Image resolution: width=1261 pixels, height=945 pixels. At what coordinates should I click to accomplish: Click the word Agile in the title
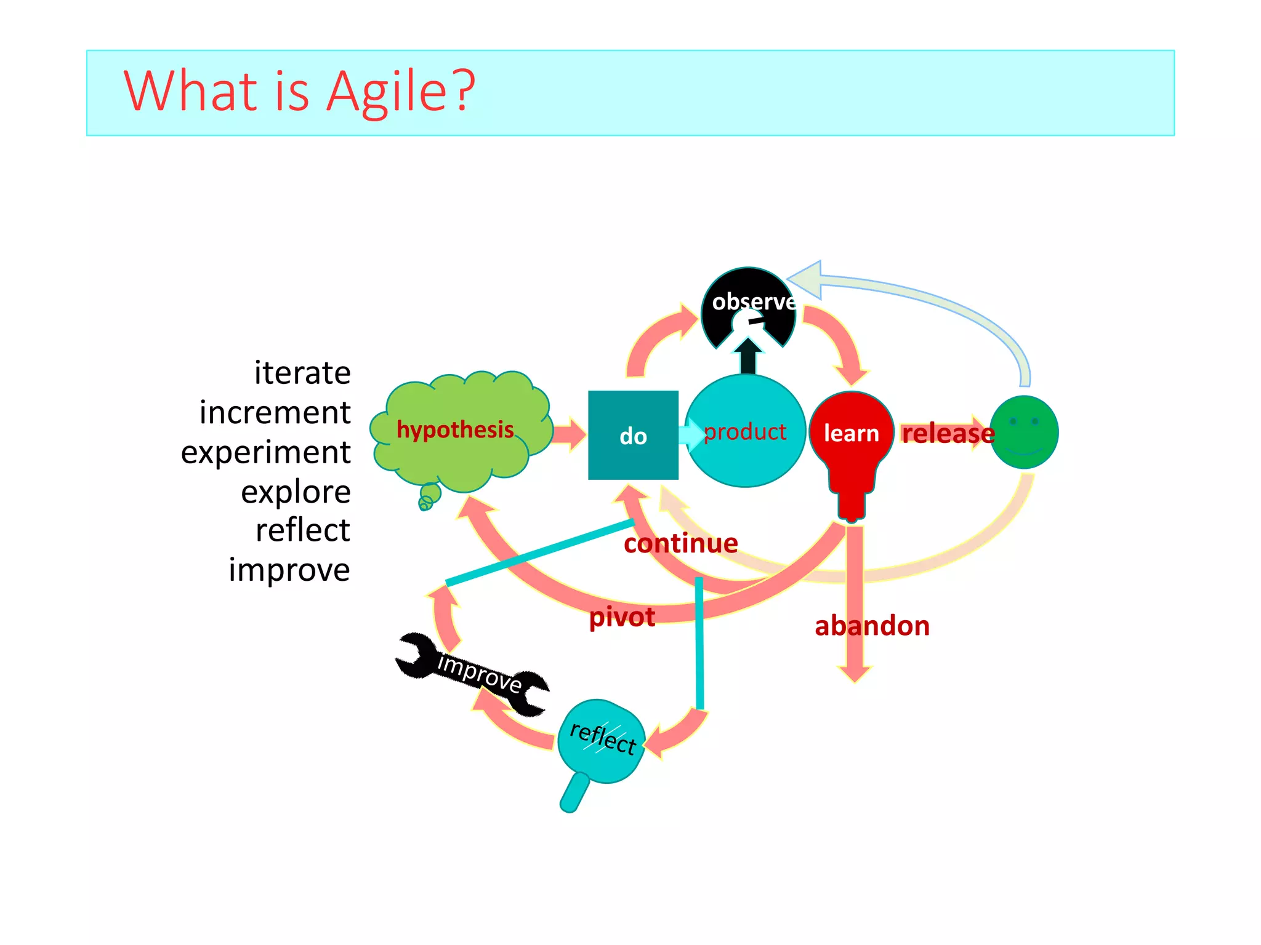[x=400, y=92]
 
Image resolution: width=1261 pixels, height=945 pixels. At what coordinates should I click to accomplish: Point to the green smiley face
[x=1024, y=433]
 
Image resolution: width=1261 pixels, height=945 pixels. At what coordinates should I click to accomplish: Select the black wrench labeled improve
[x=473, y=674]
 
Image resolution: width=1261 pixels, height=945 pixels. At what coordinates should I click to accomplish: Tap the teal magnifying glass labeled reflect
[x=601, y=741]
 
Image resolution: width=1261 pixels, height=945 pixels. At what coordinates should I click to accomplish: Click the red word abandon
[x=872, y=626]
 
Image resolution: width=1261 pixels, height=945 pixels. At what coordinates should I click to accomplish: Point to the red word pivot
[x=622, y=617]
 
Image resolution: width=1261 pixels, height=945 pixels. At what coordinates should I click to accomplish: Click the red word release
[x=948, y=434]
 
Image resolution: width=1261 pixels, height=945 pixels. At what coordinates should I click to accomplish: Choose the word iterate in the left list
[x=302, y=373]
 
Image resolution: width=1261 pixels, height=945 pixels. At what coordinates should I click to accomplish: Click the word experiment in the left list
[x=265, y=453]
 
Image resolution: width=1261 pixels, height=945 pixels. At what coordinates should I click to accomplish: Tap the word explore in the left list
[x=296, y=492]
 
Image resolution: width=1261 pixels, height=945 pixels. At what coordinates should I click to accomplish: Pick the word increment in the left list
[x=275, y=413]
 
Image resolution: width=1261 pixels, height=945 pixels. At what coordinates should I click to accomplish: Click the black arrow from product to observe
[x=748, y=357]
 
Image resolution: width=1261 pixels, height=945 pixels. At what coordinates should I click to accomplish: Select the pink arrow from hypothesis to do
[x=570, y=434]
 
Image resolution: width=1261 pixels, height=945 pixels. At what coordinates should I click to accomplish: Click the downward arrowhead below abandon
[x=854, y=674]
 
